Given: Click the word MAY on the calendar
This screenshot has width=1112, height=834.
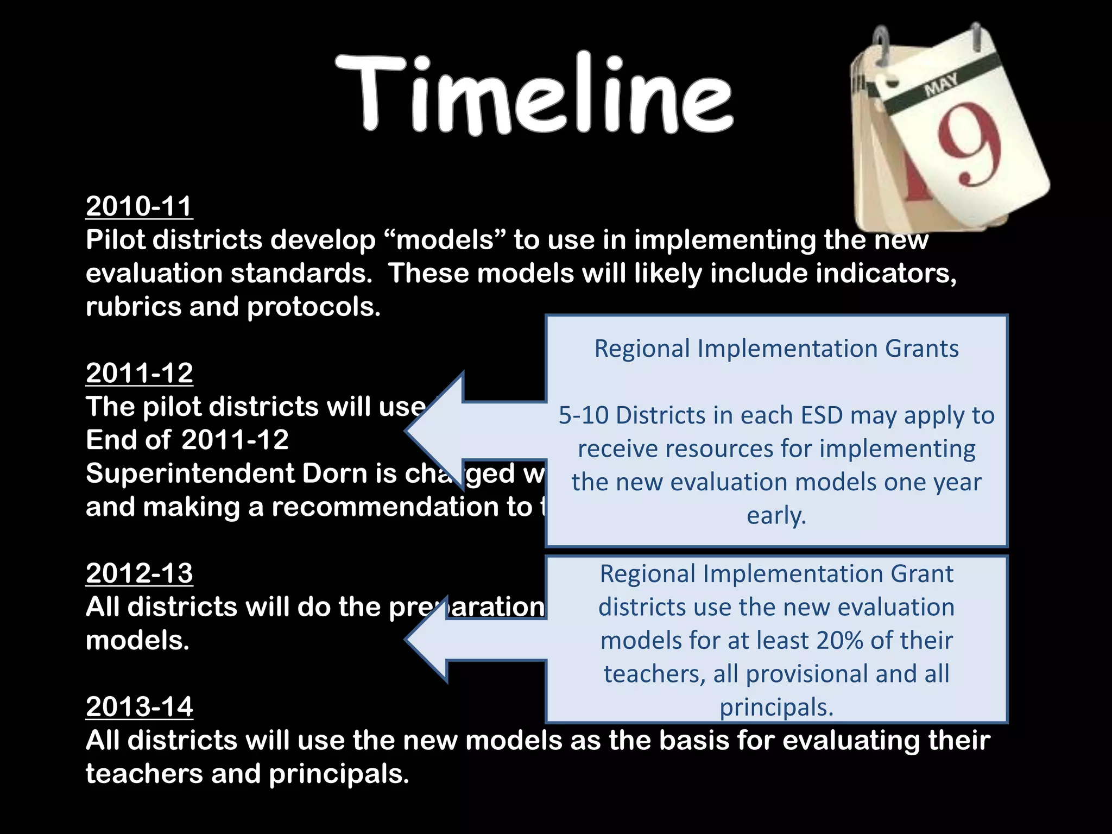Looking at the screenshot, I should pos(942,85).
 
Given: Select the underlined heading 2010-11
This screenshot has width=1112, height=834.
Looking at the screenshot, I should pos(139,206).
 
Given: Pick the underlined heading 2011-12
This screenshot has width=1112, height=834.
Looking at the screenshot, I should pos(139,373).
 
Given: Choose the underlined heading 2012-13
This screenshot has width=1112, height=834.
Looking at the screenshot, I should pos(139,573).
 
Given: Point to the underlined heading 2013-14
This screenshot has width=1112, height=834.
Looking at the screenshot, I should pos(139,707).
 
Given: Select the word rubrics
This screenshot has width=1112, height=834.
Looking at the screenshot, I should pos(133,307).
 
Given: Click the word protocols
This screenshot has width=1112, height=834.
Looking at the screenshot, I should pos(313,308).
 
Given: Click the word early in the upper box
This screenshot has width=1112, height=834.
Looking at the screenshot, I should pos(776,516).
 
